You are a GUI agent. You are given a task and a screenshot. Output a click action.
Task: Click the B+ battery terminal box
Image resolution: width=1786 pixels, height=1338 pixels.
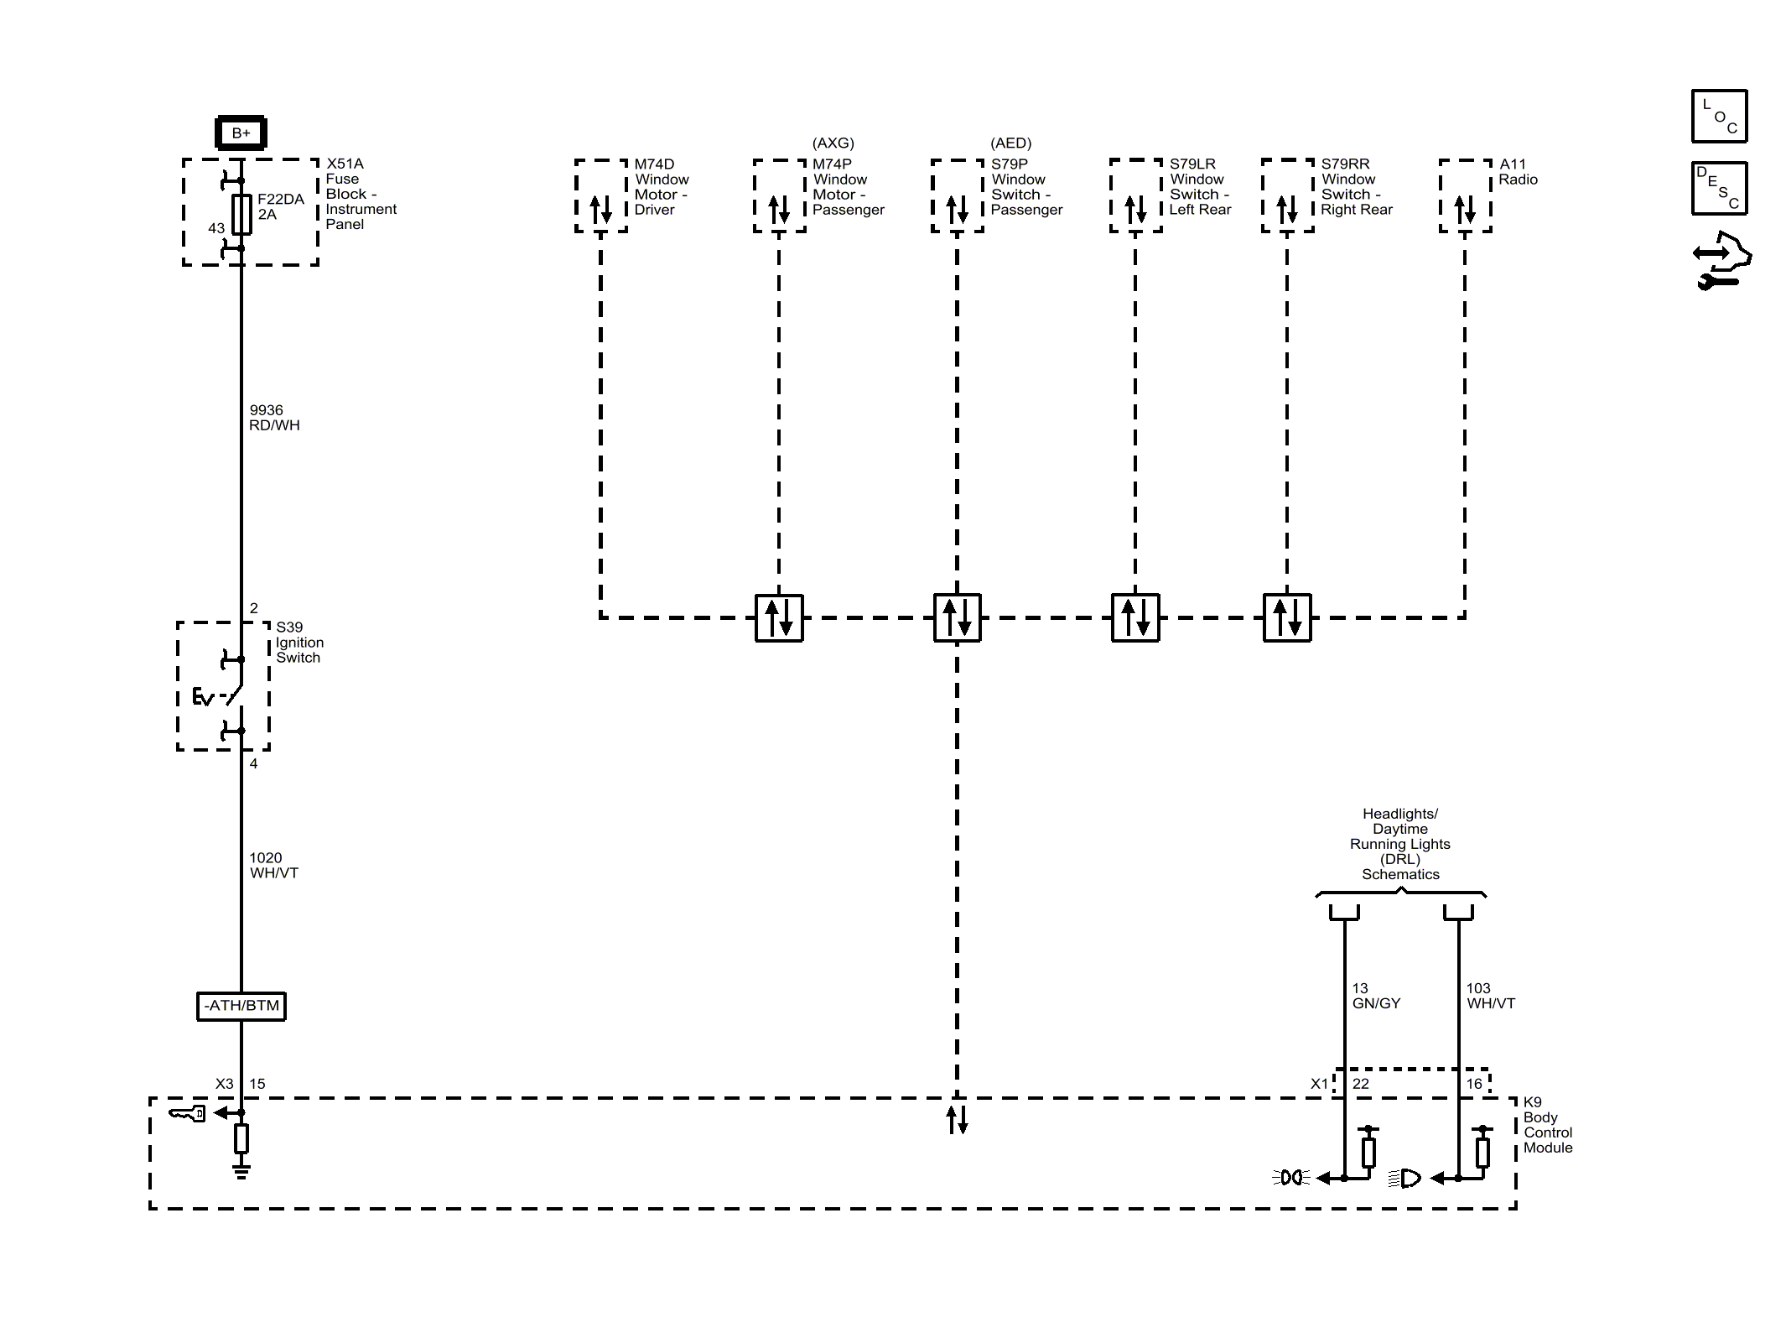coord(241,133)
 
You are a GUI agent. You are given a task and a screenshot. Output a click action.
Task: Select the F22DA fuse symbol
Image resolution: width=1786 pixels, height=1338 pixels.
coord(241,214)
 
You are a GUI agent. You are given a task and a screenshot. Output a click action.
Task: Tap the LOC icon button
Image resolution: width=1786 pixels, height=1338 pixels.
coord(1719,116)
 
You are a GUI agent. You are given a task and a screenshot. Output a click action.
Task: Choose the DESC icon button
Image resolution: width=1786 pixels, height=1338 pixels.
coord(1719,188)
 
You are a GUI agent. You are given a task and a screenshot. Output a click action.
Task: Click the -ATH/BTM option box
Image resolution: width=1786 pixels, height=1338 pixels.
coord(241,1006)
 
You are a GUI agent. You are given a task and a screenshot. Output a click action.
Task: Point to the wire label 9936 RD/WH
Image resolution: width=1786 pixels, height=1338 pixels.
coord(274,418)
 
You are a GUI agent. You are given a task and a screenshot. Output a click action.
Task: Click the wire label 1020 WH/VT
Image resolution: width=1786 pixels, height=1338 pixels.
coord(274,865)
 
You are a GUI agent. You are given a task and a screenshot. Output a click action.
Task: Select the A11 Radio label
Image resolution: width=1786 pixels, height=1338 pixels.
coord(1519,172)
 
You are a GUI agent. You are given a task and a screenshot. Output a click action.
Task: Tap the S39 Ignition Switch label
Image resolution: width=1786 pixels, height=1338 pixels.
coord(299,642)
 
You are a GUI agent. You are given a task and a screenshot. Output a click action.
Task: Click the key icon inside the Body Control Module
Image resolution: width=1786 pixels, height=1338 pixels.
coord(187,1114)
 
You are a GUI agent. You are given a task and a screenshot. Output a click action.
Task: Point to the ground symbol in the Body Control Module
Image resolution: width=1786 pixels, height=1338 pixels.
coord(241,1171)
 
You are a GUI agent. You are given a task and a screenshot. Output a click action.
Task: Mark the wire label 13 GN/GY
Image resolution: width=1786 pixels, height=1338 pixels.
coord(1376,996)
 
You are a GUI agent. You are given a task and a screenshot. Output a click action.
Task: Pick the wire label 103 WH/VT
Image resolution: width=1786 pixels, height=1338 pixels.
coord(1491,996)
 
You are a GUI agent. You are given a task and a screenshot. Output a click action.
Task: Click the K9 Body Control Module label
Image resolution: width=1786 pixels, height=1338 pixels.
coord(1548,1125)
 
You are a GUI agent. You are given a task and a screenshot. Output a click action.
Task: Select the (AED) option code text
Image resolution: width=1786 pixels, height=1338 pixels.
coord(1010,143)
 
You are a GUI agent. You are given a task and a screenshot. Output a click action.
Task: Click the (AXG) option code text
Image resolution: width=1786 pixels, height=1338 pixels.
coord(833,143)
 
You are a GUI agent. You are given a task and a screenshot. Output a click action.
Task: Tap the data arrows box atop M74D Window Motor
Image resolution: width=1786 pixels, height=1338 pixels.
coord(601,195)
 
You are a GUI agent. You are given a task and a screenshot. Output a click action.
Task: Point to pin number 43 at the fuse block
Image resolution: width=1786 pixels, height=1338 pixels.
coord(216,228)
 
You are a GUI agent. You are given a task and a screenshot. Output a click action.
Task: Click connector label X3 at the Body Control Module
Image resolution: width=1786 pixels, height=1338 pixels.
coord(224,1084)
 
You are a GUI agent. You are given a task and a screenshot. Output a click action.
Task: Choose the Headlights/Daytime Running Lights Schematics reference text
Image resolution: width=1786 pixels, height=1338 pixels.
coord(1400,844)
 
